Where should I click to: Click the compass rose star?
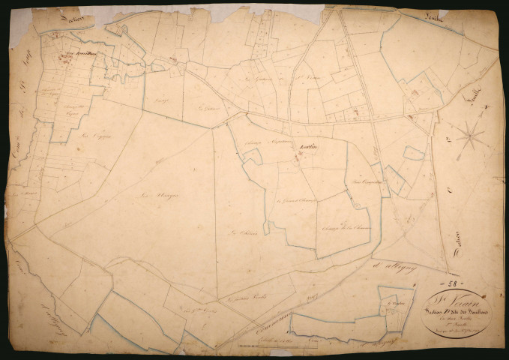470,136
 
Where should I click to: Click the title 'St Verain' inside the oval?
449,298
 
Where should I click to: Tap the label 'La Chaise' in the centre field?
239,232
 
